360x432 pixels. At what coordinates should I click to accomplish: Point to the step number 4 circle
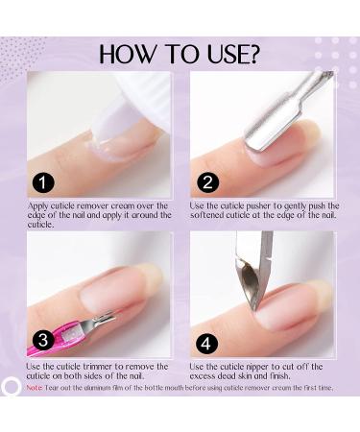[207, 340]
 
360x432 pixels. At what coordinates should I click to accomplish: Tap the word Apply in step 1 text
[40, 205]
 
